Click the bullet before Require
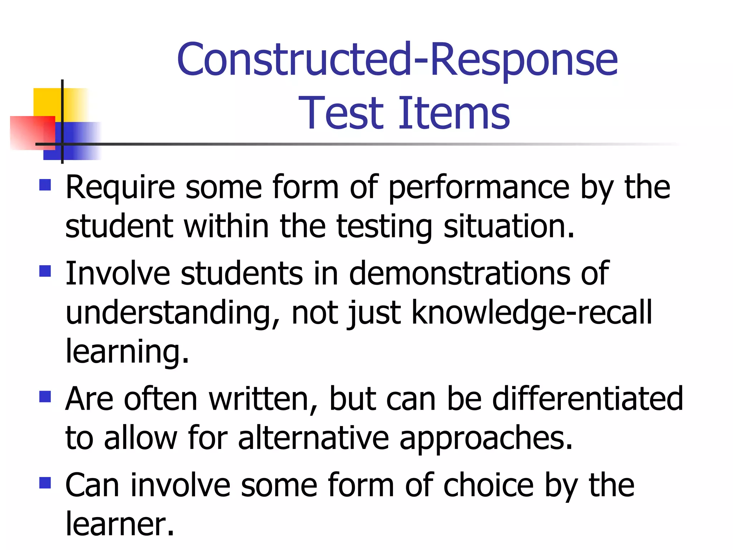point(45,185)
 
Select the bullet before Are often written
point(45,396)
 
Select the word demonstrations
point(460,274)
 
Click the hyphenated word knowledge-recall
point(532,313)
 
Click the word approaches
point(486,439)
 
